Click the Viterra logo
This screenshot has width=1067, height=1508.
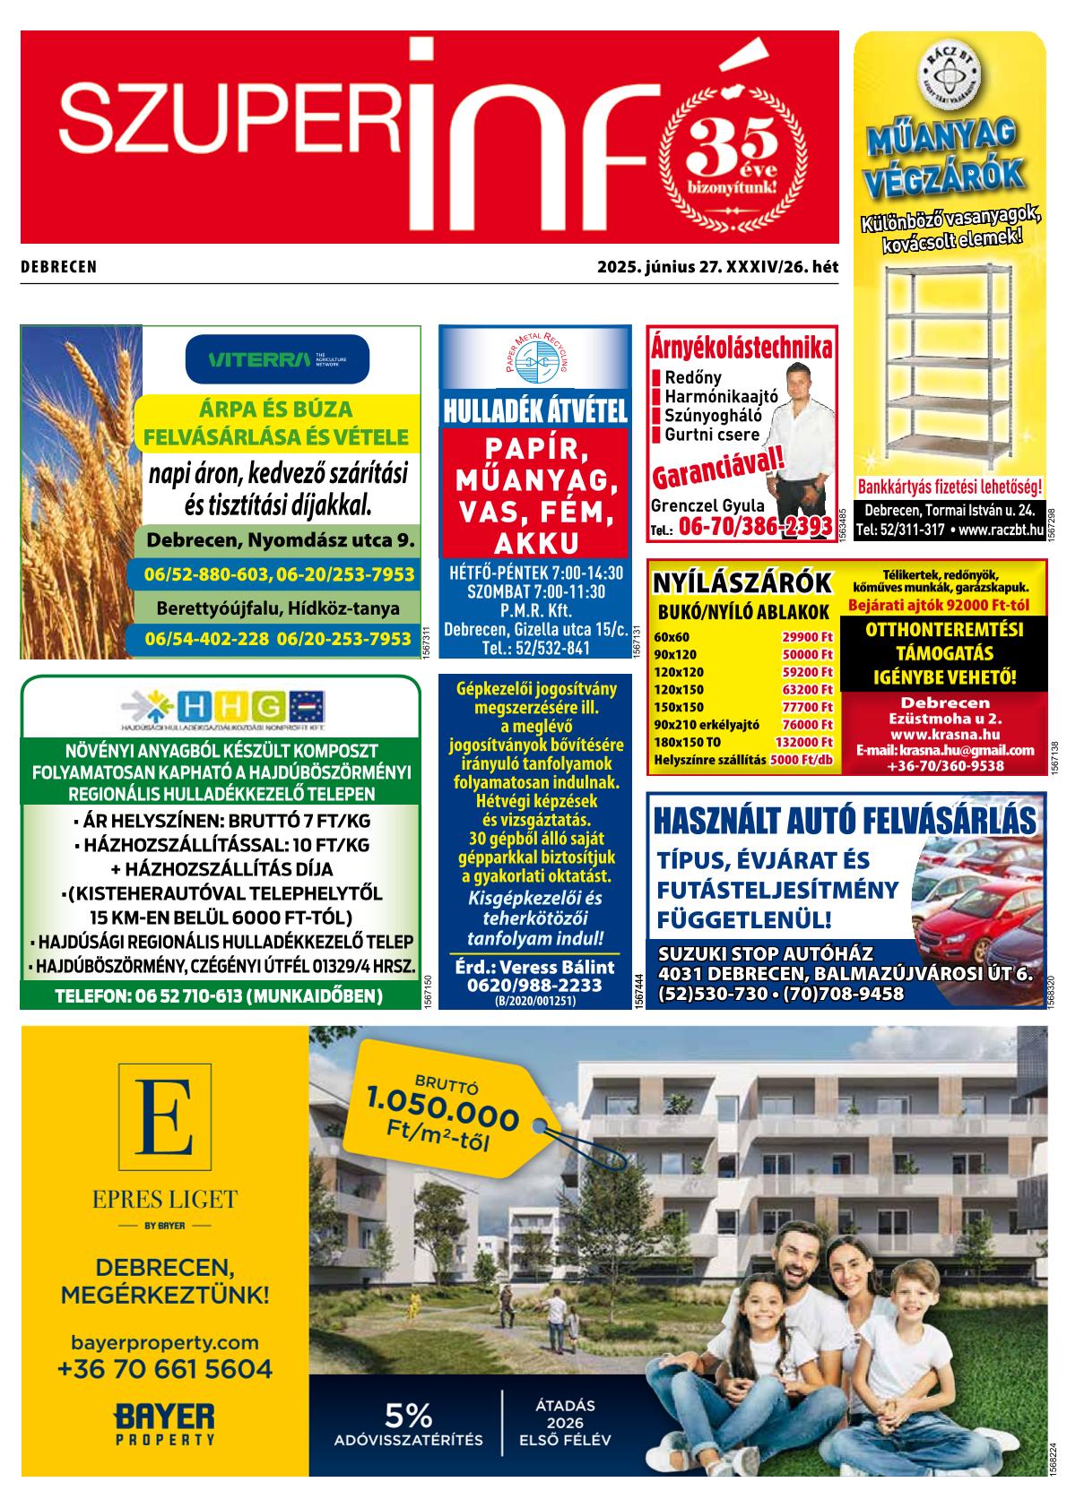point(277,360)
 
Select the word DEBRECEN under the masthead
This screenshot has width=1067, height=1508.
point(58,267)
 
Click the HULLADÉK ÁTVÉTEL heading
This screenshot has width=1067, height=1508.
point(534,412)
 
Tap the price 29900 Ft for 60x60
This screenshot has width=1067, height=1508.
point(807,637)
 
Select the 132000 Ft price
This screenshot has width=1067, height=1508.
point(804,742)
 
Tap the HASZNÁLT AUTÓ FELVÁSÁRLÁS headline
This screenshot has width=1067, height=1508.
point(845,819)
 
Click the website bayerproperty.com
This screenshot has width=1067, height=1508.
point(165,1342)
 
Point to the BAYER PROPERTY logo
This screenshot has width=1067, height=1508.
point(165,1424)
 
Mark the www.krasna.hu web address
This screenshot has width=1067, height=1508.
point(945,735)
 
